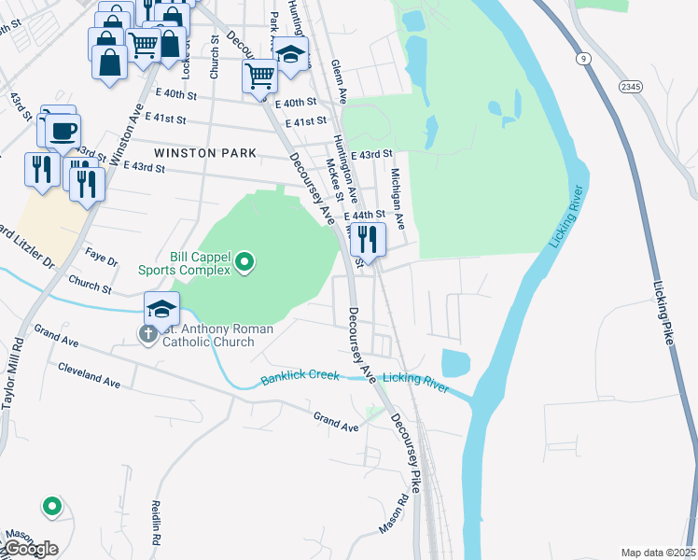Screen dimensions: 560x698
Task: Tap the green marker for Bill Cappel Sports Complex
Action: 244,262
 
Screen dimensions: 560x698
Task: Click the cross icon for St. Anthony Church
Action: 148,334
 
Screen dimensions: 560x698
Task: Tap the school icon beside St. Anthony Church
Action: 161,309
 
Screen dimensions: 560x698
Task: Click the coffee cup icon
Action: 63,132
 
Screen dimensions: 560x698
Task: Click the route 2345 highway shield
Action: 630,86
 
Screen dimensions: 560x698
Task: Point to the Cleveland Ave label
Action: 90,382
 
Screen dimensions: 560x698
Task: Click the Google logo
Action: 30,549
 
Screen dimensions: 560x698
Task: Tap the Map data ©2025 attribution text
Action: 657,553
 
